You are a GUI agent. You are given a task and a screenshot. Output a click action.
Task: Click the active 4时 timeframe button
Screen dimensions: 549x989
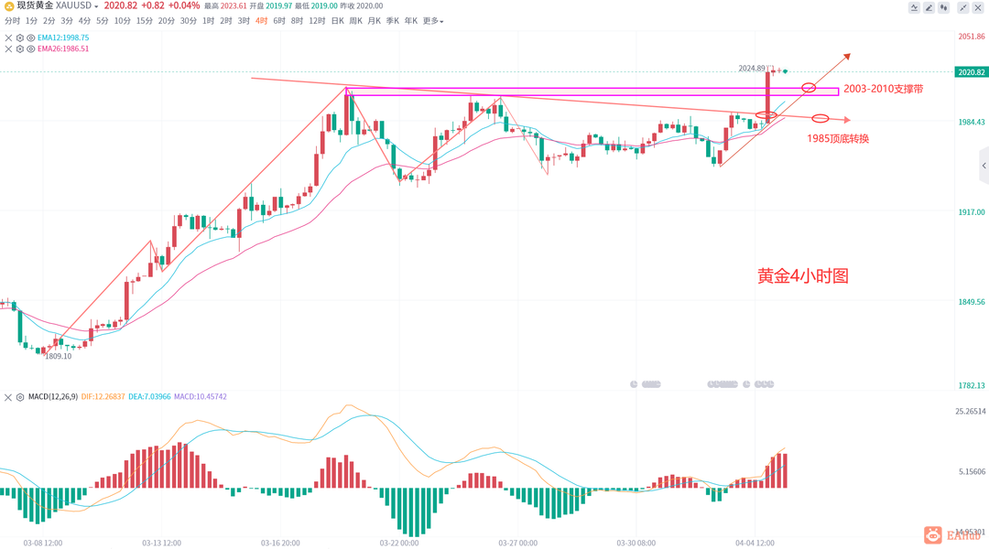click(262, 20)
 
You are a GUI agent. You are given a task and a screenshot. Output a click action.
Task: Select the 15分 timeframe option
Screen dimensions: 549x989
click(144, 20)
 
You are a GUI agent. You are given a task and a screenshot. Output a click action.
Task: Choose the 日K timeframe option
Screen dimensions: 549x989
click(338, 20)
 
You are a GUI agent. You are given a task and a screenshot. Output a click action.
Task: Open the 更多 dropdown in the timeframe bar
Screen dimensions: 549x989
click(432, 20)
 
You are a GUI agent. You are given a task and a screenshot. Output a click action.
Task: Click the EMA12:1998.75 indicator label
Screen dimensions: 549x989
click(63, 38)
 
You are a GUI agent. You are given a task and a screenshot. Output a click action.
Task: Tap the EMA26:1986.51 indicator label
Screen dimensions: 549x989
click(63, 48)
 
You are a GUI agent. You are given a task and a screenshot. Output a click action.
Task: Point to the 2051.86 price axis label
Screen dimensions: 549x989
click(971, 37)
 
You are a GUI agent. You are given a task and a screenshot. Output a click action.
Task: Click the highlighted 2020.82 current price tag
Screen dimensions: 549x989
click(971, 72)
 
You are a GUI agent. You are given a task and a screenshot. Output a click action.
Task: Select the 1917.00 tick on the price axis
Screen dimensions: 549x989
click(971, 211)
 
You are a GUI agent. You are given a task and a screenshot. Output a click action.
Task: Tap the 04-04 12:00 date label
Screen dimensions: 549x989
click(755, 543)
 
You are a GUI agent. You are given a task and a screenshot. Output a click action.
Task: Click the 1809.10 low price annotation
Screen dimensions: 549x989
click(58, 357)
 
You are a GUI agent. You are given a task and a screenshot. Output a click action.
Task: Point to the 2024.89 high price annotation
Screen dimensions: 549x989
click(752, 69)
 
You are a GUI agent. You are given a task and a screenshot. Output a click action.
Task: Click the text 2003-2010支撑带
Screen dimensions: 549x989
click(883, 89)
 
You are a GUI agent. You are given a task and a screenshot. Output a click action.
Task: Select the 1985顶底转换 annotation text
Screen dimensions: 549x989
click(838, 138)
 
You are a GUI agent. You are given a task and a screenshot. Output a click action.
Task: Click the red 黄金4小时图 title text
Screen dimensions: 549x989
click(802, 275)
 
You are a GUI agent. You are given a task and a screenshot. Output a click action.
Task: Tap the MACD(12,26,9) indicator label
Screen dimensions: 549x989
click(50, 397)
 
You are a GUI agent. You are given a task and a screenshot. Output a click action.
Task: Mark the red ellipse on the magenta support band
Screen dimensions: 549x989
click(809, 88)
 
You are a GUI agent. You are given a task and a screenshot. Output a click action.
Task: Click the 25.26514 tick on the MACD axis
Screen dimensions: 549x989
click(970, 411)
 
